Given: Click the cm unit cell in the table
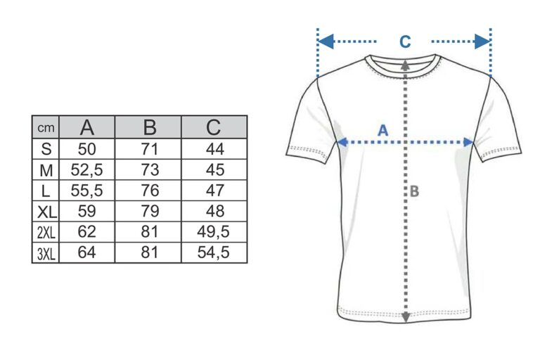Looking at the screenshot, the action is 46,128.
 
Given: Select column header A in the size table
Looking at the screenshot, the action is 86,127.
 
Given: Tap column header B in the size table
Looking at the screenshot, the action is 150,127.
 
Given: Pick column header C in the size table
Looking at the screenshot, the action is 214,127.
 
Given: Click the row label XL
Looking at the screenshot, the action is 46,212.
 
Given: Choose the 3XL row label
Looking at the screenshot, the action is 46,254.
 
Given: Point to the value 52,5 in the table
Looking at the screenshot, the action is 86,169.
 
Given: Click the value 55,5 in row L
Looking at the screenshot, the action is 86,190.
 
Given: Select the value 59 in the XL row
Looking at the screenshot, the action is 86,211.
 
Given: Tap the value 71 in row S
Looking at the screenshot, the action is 150,149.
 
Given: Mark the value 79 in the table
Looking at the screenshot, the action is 150,211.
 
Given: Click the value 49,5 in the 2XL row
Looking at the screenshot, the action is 213,231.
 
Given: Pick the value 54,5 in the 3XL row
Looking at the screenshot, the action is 213,252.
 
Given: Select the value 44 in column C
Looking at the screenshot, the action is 215,149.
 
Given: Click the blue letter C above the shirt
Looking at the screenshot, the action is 405,41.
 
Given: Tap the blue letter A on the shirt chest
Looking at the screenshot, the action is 383,131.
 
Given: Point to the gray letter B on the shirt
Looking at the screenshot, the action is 414,191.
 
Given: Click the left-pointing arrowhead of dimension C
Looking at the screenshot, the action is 326,41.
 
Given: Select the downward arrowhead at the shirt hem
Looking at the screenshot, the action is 406,317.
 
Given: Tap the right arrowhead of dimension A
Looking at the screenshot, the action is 468,142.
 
